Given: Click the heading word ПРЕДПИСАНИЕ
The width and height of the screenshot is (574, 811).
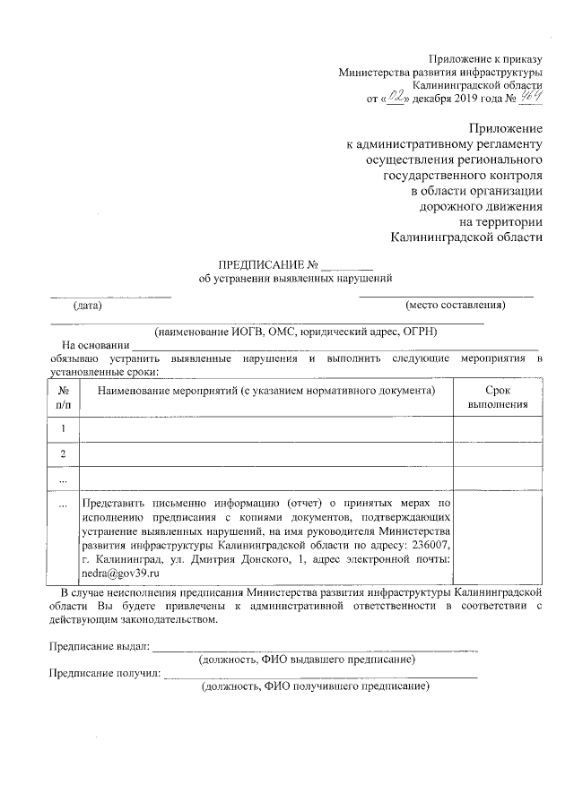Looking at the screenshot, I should click(x=261, y=265).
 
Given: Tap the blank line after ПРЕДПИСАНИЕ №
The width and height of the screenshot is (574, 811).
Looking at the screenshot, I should click(x=346, y=266).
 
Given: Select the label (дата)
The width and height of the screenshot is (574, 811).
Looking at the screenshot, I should click(x=88, y=305).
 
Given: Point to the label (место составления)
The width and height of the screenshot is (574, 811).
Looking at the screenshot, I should click(x=456, y=305).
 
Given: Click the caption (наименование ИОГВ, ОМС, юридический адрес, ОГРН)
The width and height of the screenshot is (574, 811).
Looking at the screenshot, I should click(x=294, y=330).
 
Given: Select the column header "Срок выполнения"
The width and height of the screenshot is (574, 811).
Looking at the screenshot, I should click(x=498, y=397).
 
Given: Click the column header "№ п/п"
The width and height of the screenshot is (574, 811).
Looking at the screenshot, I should click(x=64, y=397).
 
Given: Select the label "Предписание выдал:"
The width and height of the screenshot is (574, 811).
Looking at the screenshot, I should click(x=99, y=646).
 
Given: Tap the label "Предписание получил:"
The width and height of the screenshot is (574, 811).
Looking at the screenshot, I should click(x=104, y=673).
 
